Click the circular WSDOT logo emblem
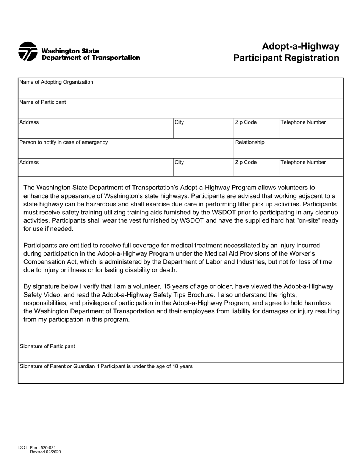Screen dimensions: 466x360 (x=28, y=52)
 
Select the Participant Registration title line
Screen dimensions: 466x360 (x=286, y=58)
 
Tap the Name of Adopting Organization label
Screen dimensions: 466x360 (x=56, y=82)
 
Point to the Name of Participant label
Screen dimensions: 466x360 (x=42, y=102)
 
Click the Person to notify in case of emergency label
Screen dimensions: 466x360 (x=63, y=142)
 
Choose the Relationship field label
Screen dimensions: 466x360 (x=250, y=142)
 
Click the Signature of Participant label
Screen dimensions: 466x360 (x=47, y=346)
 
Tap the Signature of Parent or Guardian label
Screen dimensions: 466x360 (x=106, y=366)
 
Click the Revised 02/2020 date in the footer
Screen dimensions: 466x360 (x=45, y=452)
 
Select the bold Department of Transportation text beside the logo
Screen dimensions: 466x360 (x=91, y=58)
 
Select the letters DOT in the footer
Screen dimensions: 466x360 (x=23, y=448)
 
